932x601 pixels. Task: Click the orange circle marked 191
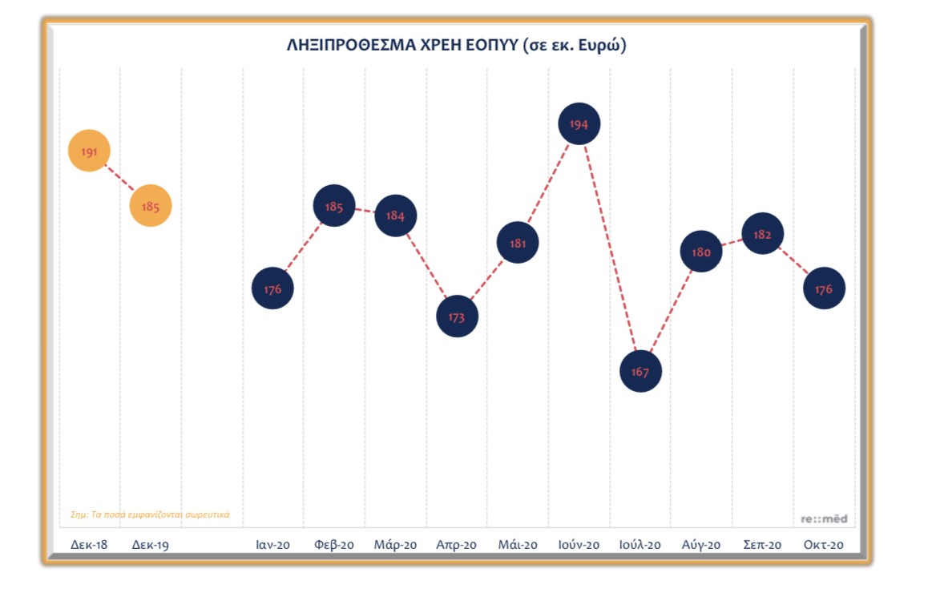click(89, 151)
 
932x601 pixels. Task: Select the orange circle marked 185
click(151, 206)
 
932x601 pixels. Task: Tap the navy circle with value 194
click(579, 124)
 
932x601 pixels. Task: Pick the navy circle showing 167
click(640, 371)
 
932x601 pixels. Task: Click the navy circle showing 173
click(457, 317)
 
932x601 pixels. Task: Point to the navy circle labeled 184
click(396, 216)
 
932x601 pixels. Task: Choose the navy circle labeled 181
click(518, 243)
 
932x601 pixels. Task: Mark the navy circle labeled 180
click(701, 252)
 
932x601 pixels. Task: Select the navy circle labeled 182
click(762, 234)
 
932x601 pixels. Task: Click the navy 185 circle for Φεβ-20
click(334, 207)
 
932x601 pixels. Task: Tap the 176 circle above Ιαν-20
click(272, 288)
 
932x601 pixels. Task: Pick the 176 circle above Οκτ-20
click(824, 289)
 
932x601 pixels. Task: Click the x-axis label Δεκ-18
click(89, 545)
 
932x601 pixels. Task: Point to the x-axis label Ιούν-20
click(579, 545)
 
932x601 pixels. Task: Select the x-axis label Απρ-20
click(457, 545)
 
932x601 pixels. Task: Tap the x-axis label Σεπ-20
click(762, 545)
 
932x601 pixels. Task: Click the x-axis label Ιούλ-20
click(640, 545)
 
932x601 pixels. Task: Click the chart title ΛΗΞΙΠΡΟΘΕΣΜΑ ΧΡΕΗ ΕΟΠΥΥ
click(457, 46)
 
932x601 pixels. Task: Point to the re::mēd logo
click(824, 518)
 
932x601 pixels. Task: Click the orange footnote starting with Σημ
click(150, 514)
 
